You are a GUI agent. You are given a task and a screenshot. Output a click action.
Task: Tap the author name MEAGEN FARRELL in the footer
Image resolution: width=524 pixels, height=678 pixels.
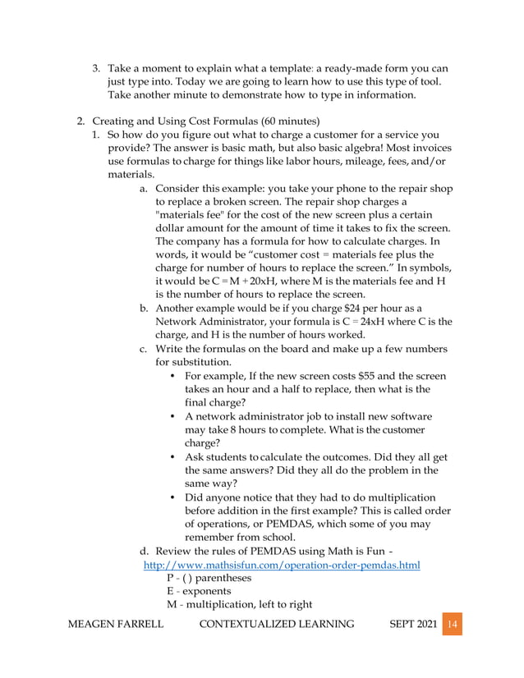(x=115, y=625)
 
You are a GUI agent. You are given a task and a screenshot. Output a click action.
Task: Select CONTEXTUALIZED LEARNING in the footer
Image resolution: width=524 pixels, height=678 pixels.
(x=277, y=625)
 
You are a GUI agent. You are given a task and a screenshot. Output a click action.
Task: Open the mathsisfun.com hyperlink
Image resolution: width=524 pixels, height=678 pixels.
(x=282, y=566)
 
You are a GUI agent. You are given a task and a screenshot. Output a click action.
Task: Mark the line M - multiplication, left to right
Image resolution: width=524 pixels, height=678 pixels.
(x=239, y=604)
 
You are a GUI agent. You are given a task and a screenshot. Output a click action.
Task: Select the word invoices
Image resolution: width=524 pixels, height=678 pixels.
(x=427, y=148)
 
